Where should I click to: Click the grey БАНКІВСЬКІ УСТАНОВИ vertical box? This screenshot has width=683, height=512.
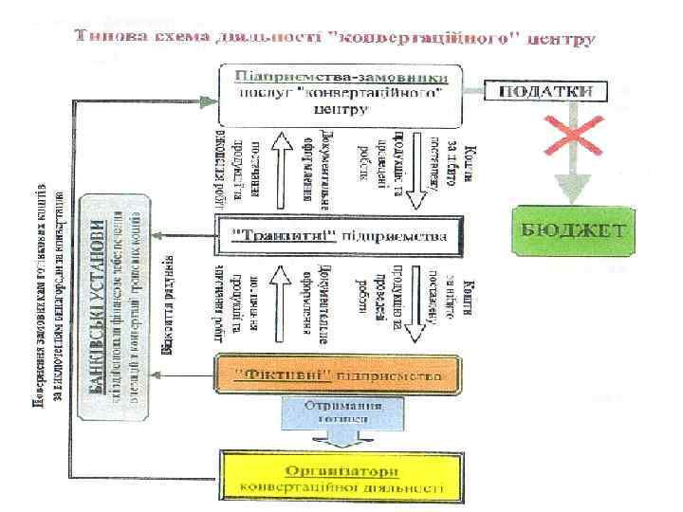pos(115,307)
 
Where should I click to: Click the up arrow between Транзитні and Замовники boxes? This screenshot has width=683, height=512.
pos(280,171)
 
